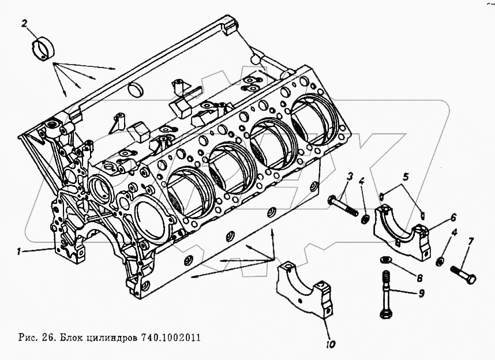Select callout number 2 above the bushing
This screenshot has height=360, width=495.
click(24, 24)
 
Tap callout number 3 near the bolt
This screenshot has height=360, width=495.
click(349, 176)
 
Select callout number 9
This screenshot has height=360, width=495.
click(421, 294)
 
